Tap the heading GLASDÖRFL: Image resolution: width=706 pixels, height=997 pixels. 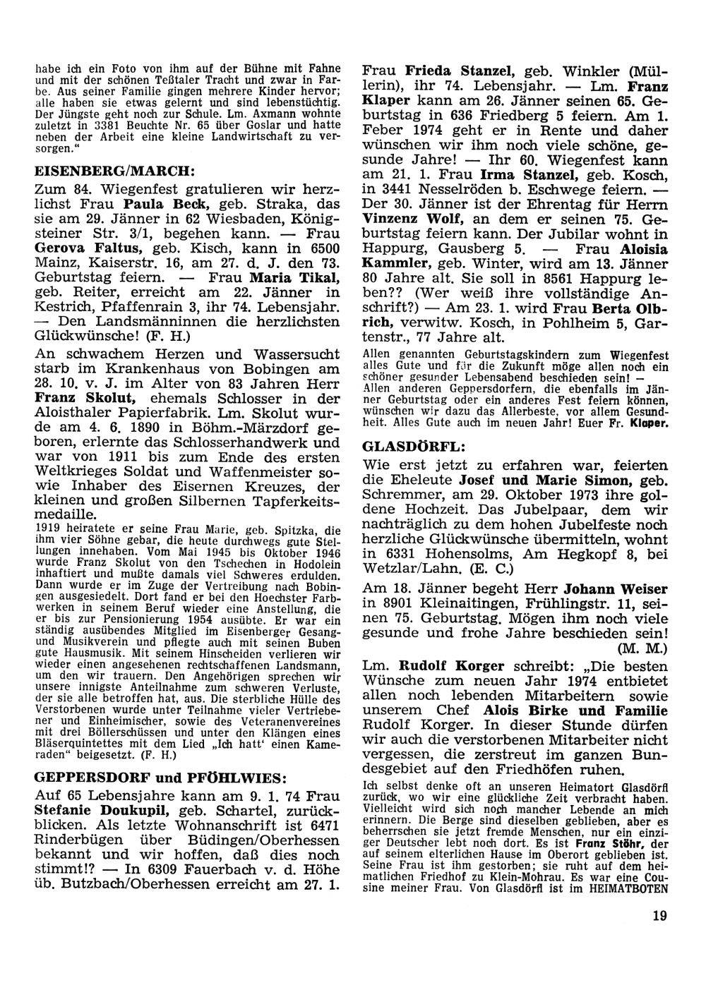point(405,447)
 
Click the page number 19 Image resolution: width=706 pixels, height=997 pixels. point(660,916)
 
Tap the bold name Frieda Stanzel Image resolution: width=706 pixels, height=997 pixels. point(460,71)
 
